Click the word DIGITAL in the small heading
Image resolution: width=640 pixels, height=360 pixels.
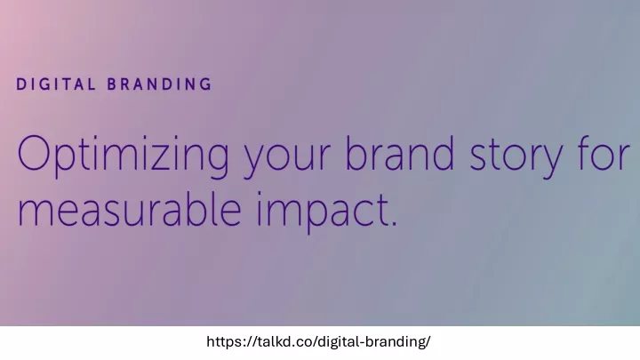coord(56,84)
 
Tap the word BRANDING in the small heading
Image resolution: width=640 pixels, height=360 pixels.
coord(160,84)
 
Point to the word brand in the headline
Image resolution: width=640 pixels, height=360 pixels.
coord(400,152)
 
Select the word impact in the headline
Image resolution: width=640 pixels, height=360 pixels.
coord(323,212)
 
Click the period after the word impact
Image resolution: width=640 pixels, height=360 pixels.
coord(394,223)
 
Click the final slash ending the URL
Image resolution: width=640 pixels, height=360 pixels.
coord(428,341)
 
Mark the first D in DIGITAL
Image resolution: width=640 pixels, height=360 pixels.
coord(21,84)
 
